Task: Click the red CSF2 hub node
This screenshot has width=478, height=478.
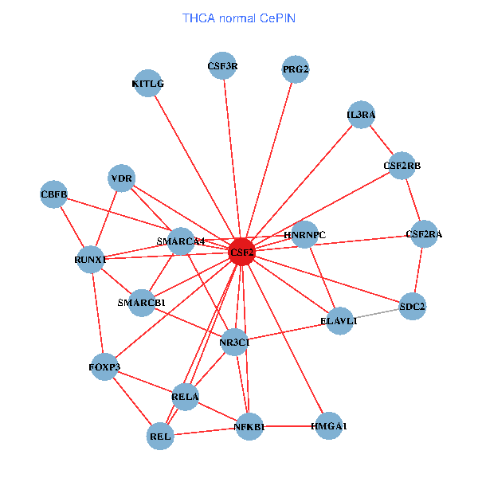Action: click(241, 253)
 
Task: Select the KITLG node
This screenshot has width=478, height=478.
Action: click(147, 83)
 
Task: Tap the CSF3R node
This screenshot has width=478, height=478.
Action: click(222, 67)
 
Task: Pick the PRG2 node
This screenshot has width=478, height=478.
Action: click(296, 69)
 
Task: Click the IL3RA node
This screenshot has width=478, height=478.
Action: click(361, 115)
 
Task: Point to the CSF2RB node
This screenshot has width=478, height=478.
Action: click(402, 166)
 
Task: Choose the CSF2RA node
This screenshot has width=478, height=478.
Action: click(424, 234)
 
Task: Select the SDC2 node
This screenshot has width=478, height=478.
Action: click(412, 306)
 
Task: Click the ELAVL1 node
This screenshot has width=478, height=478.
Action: click(339, 320)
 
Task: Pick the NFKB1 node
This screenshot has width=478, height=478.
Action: click(249, 427)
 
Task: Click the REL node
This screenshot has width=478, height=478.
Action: click(160, 436)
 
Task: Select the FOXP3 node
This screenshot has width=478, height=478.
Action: click(104, 367)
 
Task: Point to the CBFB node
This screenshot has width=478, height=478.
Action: click(53, 194)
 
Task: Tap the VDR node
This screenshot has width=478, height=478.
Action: click(122, 178)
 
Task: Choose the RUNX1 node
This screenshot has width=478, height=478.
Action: click(90, 259)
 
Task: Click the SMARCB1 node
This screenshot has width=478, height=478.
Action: click(142, 303)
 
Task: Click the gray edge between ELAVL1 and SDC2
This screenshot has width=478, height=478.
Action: click(376, 313)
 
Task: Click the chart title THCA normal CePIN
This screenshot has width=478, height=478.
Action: click(239, 18)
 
